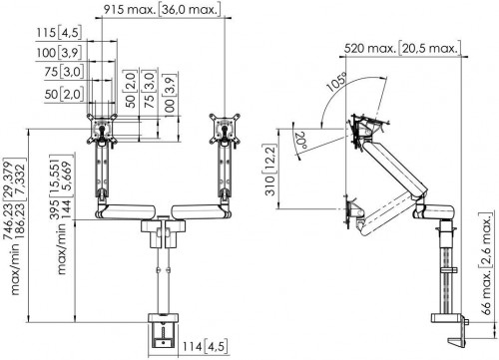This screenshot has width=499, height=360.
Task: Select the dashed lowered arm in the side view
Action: pyautogui.click(x=384, y=206)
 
